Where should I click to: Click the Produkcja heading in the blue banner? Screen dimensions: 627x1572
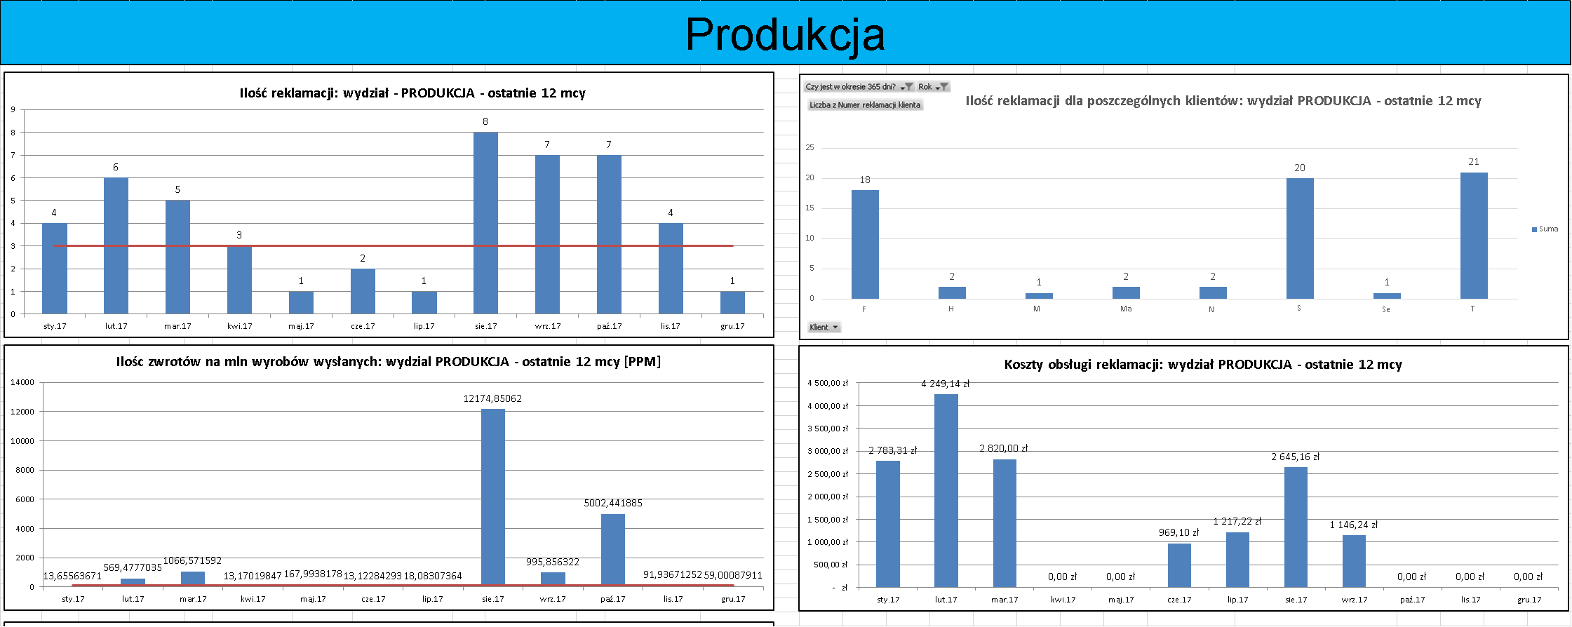(x=785, y=34)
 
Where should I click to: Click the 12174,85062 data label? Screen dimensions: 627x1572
(x=492, y=398)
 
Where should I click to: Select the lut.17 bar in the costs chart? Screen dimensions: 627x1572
(x=946, y=490)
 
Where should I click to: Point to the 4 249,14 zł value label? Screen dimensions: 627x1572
(x=945, y=384)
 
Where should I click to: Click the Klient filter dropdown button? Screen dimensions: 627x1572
(x=824, y=328)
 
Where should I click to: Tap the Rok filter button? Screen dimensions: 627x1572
(x=933, y=87)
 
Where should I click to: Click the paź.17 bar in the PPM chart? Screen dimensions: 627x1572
(x=612, y=550)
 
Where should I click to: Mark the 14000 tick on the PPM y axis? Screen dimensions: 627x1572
(x=22, y=382)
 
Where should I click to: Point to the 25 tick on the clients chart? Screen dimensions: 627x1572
(x=810, y=147)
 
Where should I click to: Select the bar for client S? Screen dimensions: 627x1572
(x=1299, y=238)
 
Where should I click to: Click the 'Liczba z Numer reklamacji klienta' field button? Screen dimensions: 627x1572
(x=865, y=105)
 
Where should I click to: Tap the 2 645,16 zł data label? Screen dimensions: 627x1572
(x=1295, y=457)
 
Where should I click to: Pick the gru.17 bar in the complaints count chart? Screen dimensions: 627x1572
(x=732, y=302)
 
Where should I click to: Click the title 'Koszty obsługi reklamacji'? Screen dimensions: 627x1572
(x=1202, y=364)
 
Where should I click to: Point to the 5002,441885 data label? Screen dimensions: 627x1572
(x=613, y=503)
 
